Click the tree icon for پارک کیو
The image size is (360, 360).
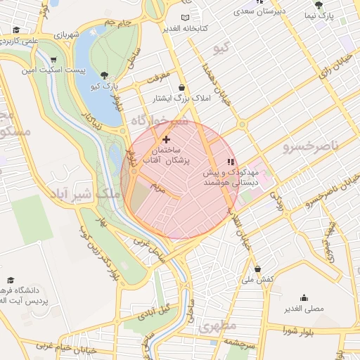tap(105, 75)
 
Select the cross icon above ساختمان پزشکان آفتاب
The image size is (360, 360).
tap(166, 139)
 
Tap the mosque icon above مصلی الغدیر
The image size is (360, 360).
tap(304, 297)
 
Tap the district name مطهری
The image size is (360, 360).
tap(217, 327)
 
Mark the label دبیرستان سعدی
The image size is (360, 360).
tap(259, 11)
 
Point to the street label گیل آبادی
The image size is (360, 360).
tap(154, 311)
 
